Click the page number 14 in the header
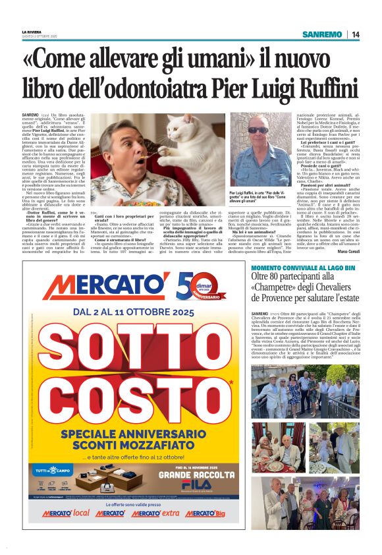coord(355,34)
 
